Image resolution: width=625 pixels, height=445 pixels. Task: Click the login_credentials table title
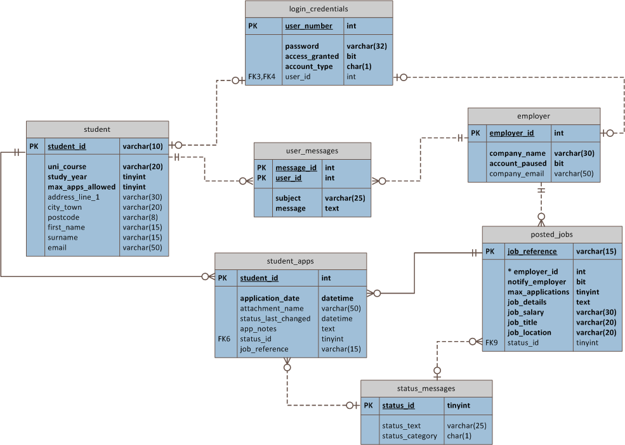[319, 9]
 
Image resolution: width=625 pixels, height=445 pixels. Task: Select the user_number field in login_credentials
[308, 26]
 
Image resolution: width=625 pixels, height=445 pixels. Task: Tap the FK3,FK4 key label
[262, 77]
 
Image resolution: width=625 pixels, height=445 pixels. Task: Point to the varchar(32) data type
[367, 46]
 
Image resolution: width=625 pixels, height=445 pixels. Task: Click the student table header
[97, 129]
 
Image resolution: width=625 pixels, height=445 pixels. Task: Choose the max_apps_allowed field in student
[81, 187]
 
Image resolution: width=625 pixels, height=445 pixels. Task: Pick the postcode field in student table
[63, 217]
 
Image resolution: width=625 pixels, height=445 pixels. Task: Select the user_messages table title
[312, 151]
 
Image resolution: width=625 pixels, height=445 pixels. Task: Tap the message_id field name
[296, 168]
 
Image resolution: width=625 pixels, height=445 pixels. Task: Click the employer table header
[534, 116]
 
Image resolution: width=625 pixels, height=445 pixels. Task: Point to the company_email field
[516, 174]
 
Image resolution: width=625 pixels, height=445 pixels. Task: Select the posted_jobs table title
[551, 235]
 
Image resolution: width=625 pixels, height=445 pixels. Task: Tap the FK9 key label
[492, 342]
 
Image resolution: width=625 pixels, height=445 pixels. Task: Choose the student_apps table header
[290, 261]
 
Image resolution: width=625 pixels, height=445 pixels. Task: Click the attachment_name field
[272, 308]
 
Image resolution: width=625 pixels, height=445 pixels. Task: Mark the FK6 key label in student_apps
[224, 339]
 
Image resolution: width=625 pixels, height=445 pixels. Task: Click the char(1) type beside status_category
[459, 435]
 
